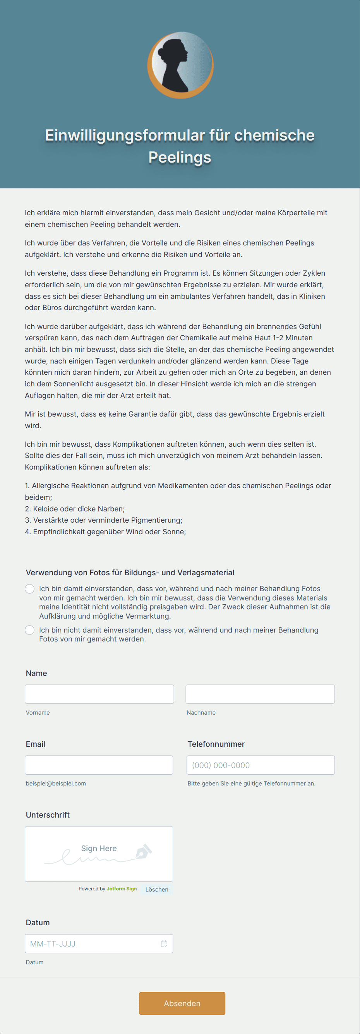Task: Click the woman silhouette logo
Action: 180,65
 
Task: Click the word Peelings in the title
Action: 180,157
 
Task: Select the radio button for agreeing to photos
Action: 30,588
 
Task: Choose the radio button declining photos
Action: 30,630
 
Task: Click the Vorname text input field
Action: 99,694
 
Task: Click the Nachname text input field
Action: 260,694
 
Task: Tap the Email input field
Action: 99,765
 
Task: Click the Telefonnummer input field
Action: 261,765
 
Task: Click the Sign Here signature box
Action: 99,854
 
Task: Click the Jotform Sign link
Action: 122,889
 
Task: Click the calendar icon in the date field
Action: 164,943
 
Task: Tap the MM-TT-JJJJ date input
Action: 92,943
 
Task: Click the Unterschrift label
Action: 48,815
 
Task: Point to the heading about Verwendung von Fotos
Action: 130,573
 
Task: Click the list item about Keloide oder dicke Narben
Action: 75,509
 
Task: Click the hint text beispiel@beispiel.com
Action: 56,783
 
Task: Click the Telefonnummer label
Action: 216,744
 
